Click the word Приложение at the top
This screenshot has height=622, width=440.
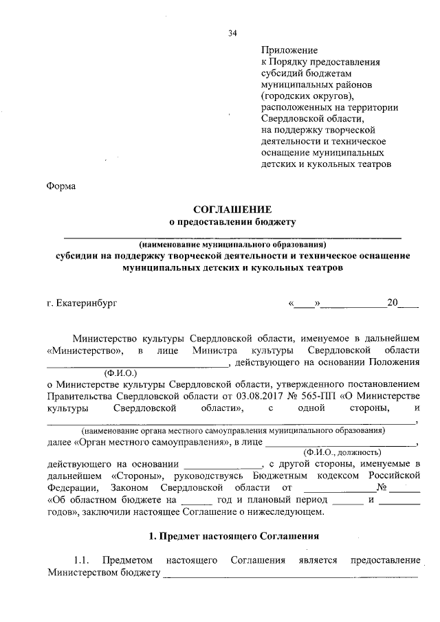coord(289,50)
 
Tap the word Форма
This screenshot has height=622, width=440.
coord(61,186)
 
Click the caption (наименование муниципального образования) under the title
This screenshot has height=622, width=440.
coord(232,245)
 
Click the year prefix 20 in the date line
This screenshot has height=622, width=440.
coord(393,302)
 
